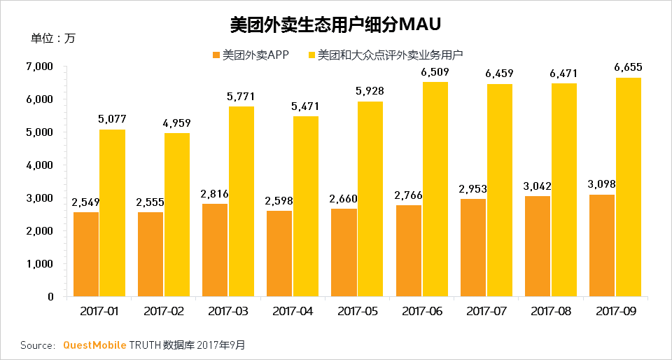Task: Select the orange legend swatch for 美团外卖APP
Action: (216, 54)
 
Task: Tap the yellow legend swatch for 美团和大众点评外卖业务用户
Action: (311, 54)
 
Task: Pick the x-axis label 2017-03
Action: (227, 310)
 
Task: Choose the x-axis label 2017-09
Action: (615, 310)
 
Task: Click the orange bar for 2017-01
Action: (85, 254)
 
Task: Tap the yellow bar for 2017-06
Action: (435, 189)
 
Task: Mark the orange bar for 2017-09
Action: (602, 245)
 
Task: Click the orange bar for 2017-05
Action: (344, 252)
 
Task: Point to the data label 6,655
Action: (628, 67)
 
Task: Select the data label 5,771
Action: (241, 96)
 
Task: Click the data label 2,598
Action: (279, 201)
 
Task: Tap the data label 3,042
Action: (537, 186)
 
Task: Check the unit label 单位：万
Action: (52, 39)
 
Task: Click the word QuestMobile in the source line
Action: (94, 345)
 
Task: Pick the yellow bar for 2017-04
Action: (305, 206)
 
